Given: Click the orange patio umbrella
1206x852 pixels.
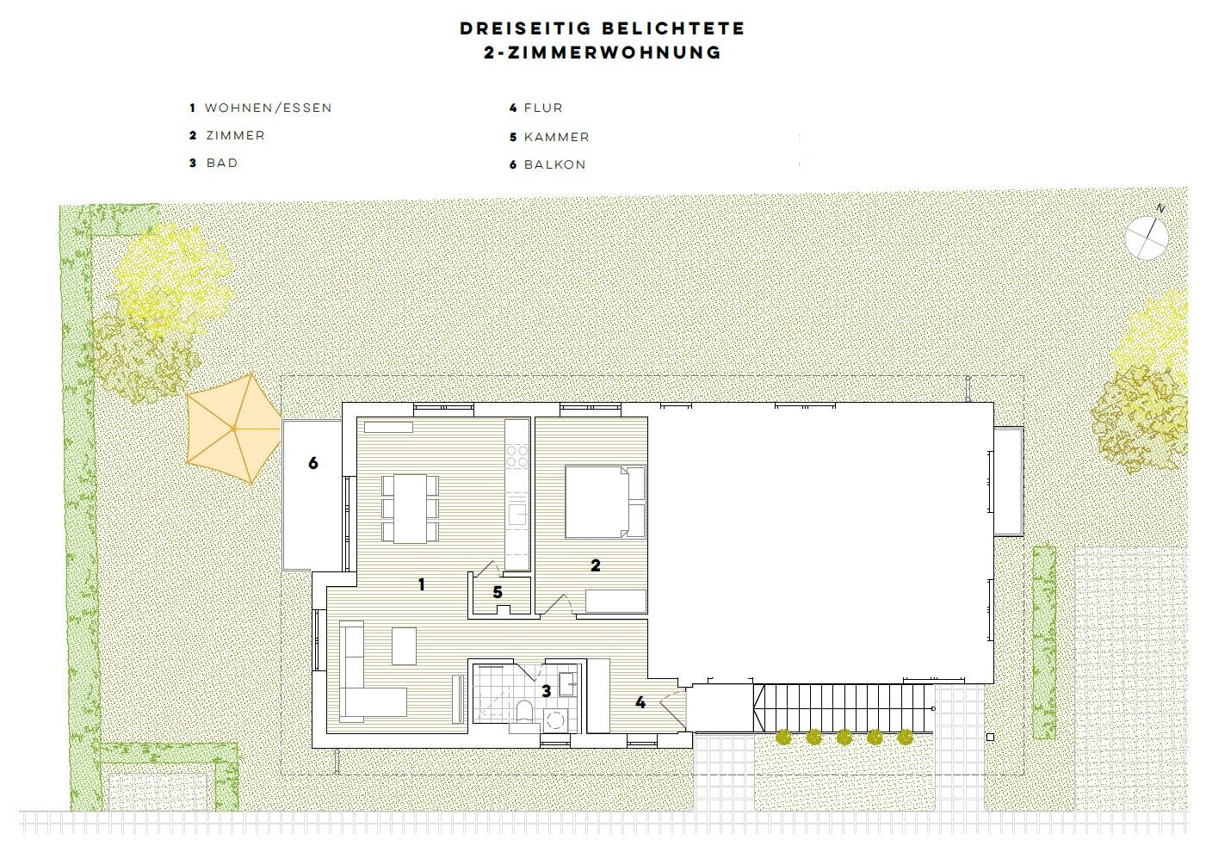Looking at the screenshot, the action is pos(233,429).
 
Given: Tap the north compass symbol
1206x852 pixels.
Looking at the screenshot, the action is pos(1147,238).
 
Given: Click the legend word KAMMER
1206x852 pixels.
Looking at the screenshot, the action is pos(557,137).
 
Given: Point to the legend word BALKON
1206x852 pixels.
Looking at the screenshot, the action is pos(554,164).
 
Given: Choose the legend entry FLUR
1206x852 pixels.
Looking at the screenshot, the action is pos(543,108).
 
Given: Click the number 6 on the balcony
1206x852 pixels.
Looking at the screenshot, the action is pos(313,463).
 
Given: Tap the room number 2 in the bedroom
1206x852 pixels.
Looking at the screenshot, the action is pos(596,565).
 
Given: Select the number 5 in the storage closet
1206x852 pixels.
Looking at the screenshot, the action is pos(498,592).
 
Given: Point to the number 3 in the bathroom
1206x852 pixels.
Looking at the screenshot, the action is pos(547,691).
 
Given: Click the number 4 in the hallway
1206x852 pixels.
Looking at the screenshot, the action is pos(640,702).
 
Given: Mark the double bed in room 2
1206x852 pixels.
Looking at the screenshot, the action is pos(605,502).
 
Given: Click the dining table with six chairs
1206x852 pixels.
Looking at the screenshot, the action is pos(411,509).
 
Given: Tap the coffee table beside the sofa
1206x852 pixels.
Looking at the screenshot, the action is pos(404,645).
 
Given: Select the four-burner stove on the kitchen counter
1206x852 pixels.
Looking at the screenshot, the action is pos(516,455).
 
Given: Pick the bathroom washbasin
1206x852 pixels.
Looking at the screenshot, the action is pos(567,685).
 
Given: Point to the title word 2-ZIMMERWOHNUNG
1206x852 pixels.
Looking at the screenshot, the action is pos(603,52).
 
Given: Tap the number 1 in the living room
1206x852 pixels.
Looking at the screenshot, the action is pos(422,584).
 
